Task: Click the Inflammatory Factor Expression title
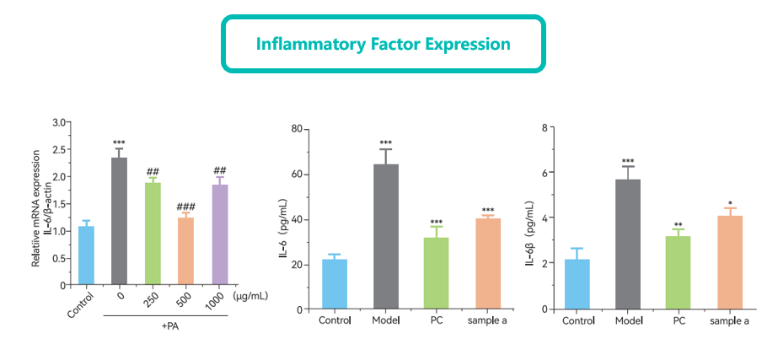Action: pyautogui.click(x=384, y=43)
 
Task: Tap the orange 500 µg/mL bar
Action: pyautogui.click(x=185, y=251)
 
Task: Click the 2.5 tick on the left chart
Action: pyautogui.click(x=59, y=149)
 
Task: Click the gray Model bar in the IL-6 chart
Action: pyautogui.click(x=386, y=237)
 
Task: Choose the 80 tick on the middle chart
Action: pyautogui.click(x=297, y=129)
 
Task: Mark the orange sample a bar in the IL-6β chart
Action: pyautogui.click(x=729, y=263)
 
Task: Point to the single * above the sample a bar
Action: pyautogui.click(x=730, y=202)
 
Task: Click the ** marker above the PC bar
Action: pyautogui.click(x=679, y=225)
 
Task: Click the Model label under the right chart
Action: pyautogui.click(x=628, y=320)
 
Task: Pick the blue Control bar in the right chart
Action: pyautogui.click(x=577, y=285)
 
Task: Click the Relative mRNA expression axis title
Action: pyautogui.click(x=36, y=208)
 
